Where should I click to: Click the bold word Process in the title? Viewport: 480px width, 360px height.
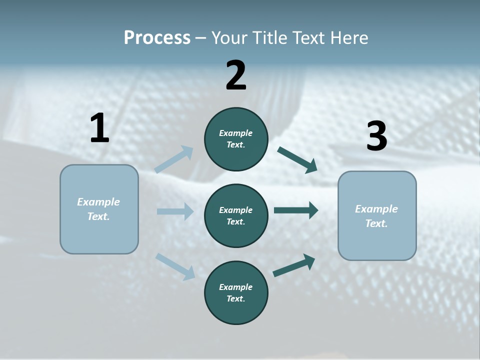157,38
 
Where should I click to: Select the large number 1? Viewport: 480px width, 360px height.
99,128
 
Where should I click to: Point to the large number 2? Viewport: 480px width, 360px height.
236,75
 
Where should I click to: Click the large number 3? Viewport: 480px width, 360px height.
376,136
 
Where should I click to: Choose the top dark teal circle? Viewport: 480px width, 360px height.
236,139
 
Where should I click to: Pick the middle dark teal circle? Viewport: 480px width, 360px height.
236,215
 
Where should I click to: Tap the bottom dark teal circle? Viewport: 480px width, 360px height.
236,292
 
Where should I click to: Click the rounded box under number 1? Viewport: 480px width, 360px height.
99,209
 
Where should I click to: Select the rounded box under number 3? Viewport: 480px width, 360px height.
377,216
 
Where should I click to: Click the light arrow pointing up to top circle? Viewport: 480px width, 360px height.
174,159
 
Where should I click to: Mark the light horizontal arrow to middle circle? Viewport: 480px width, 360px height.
175,211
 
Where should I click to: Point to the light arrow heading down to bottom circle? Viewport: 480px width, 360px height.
175,266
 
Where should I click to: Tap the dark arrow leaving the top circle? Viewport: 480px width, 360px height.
297,159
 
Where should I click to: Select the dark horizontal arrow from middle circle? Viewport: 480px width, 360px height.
296,210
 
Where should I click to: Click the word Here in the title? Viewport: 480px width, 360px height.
350,38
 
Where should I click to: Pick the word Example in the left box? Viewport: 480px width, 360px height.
98,202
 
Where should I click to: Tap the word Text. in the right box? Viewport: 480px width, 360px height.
376,223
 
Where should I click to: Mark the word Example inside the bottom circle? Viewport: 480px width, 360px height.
235,287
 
